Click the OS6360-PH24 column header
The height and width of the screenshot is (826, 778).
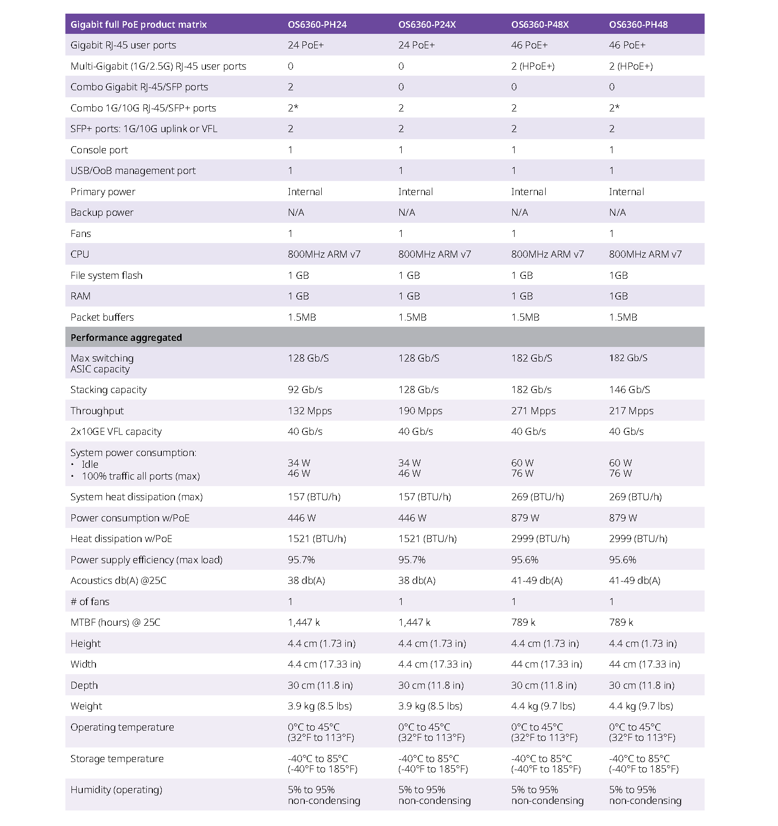(x=317, y=24)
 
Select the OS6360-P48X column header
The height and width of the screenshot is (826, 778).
(x=540, y=24)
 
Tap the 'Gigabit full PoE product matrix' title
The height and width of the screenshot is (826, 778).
(x=138, y=24)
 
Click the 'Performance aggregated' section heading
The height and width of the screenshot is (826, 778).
(x=126, y=338)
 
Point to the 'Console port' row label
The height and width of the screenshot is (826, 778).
(x=99, y=150)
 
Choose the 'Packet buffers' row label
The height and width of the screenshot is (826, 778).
(x=102, y=317)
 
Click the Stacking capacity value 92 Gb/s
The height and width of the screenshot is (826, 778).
(x=305, y=390)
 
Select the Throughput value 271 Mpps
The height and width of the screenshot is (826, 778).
(x=533, y=411)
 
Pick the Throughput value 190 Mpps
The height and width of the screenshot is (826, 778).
(x=420, y=411)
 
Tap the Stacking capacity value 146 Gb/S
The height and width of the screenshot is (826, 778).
(x=629, y=390)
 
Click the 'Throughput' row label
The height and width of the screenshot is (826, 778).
(x=97, y=411)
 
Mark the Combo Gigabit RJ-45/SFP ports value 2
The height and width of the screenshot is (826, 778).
(x=291, y=87)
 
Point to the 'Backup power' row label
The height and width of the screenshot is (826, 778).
(x=102, y=212)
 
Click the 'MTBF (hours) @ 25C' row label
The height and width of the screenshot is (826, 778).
(x=115, y=622)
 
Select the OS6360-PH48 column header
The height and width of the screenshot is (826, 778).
(x=638, y=24)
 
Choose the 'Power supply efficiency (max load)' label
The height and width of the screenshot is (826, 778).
(x=146, y=560)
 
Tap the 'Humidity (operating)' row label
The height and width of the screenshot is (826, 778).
(x=116, y=790)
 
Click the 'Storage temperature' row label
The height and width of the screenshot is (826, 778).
(x=117, y=759)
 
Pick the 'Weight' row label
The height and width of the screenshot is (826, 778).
(x=86, y=706)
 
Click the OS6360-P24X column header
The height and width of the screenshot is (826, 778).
(x=427, y=24)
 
